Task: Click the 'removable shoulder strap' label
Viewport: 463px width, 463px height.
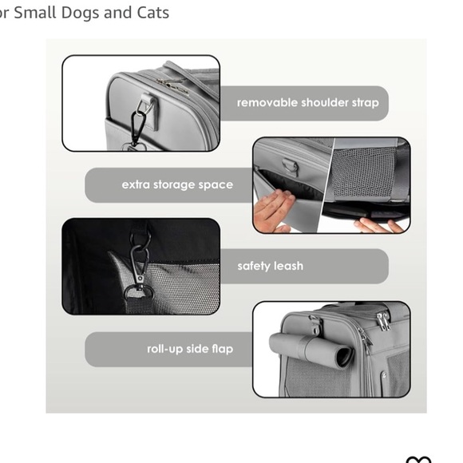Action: click(x=307, y=103)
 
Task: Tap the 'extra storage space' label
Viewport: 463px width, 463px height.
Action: click(x=177, y=184)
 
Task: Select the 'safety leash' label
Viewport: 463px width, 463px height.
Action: click(x=270, y=266)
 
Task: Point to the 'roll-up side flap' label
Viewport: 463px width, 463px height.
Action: click(x=190, y=349)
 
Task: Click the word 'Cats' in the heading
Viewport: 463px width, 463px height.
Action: click(x=152, y=13)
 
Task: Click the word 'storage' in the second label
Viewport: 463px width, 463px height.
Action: click(x=181, y=184)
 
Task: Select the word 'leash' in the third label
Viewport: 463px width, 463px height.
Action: click(x=287, y=266)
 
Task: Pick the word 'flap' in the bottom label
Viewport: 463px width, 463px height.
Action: click(x=222, y=349)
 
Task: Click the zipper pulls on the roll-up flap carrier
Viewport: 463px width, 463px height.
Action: click(x=383, y=319)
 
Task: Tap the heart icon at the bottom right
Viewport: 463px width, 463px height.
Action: click(x=418, y=460)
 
